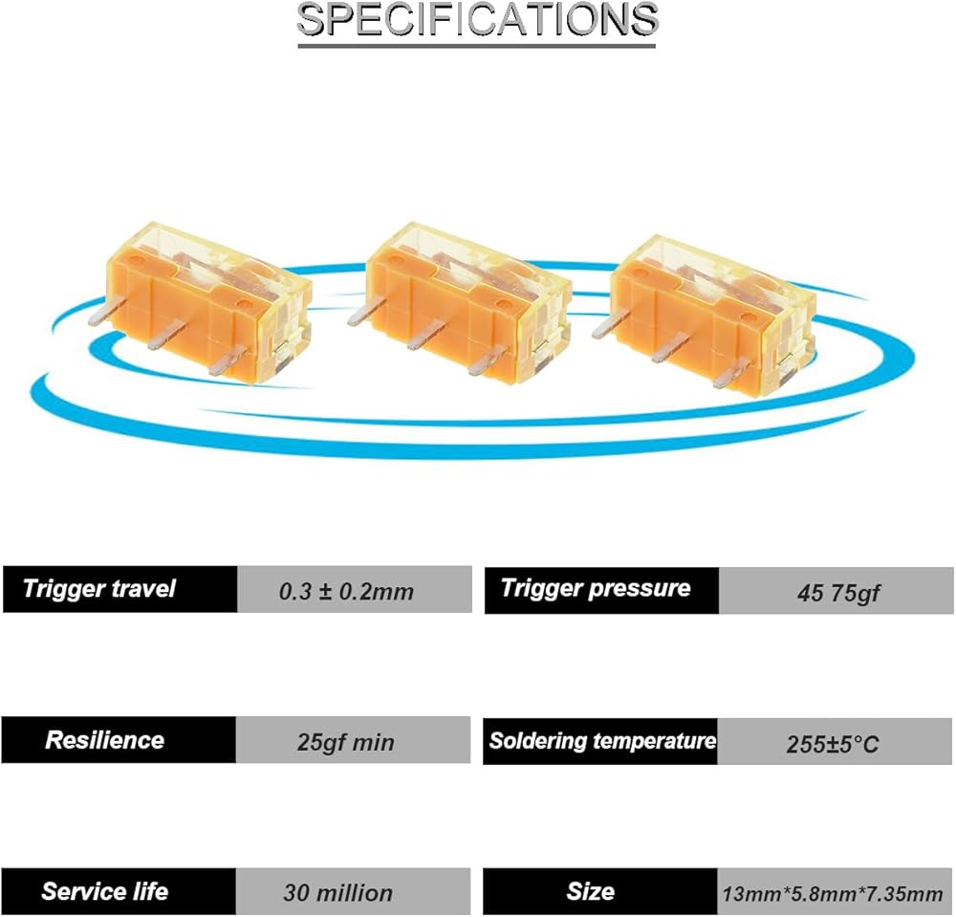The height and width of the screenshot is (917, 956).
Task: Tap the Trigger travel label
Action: pyautogui.click(x=99, y=588)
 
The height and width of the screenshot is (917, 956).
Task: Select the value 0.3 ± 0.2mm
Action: pyautogui.click(x=346, y=592)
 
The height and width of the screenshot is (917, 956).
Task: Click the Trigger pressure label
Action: pyautogui.click(x=596, y=588)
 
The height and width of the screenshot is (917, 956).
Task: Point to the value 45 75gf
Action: pyautogui.click(x=838, y=593)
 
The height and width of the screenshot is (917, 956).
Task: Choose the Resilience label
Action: pyautogui.click(x=104, y=740)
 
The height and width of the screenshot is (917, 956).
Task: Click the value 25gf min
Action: pyautogui.click(x=345, y=742)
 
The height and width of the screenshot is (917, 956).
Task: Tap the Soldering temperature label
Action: pyautogui.click(x=601, y=741)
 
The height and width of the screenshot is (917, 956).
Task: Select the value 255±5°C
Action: pyautogui.click(x=833, y=744)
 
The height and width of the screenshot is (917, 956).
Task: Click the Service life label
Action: pyautogui.click(x=104, y=892)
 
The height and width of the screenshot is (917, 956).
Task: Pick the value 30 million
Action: pyautogui.click(x=337, y=894)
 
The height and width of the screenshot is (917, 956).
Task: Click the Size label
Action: pyautogui.click(x=590, y=892)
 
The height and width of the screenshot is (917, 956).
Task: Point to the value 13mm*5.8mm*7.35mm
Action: pyautogui.click(x=832, y=895)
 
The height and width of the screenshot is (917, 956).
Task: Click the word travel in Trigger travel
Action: pyautogui.click(x=138, y=588)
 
